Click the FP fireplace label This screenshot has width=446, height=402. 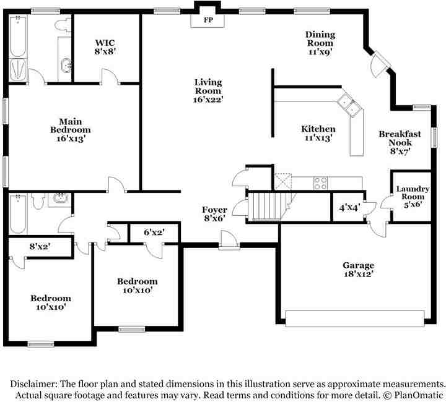point(209,20)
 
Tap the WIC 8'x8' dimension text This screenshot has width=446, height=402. point(105,51)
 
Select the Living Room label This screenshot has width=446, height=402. point(208,87)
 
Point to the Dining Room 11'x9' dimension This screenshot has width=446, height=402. point(320,52)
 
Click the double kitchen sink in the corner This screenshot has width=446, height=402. point(350,104)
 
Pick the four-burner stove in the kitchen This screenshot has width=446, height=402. point(320,183)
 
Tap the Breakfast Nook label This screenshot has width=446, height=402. point(400,138)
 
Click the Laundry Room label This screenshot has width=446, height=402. point(413,193)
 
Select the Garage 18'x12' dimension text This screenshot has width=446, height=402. point(358,274)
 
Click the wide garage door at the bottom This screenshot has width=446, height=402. point(355,319)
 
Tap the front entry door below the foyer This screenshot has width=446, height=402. point(229,241)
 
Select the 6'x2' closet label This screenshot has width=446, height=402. point(154,232)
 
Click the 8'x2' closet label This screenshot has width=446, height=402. point(40,246)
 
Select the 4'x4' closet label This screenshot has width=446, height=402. point(350,208)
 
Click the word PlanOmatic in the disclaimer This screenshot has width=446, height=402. point(419,395)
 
